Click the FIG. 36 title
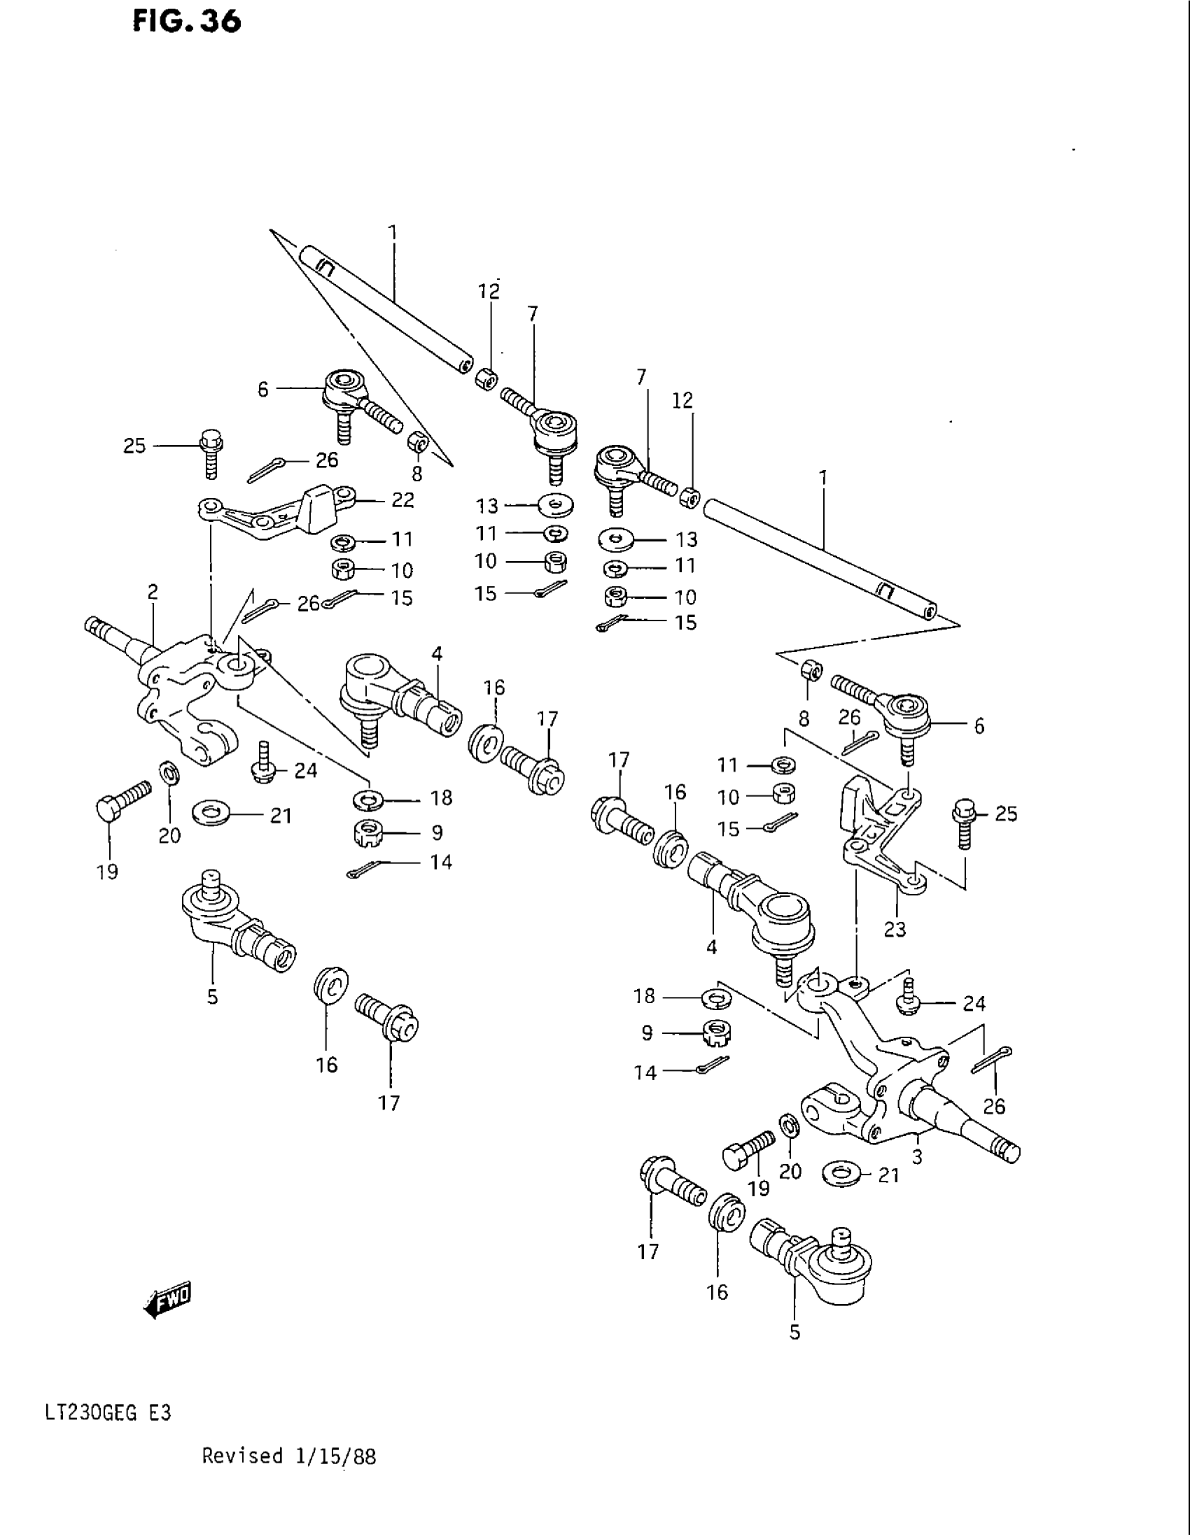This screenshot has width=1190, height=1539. [x=187, y=22]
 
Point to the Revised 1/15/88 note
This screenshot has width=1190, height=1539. [x=289, y=1475]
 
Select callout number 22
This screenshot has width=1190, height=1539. [x=402, y=500]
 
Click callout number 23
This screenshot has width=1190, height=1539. [x=895, y=930]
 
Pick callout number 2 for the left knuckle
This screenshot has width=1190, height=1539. [x=153, y=593]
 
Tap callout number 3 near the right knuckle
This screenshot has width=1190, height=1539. [x=916, y=1156]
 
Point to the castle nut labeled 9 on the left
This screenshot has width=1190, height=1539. [x=368, y=833]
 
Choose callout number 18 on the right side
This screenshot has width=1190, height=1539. [x=644, y=996]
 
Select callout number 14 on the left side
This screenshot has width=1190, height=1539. [x=441, y=862]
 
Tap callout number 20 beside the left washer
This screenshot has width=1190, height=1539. [x=169, y=835]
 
